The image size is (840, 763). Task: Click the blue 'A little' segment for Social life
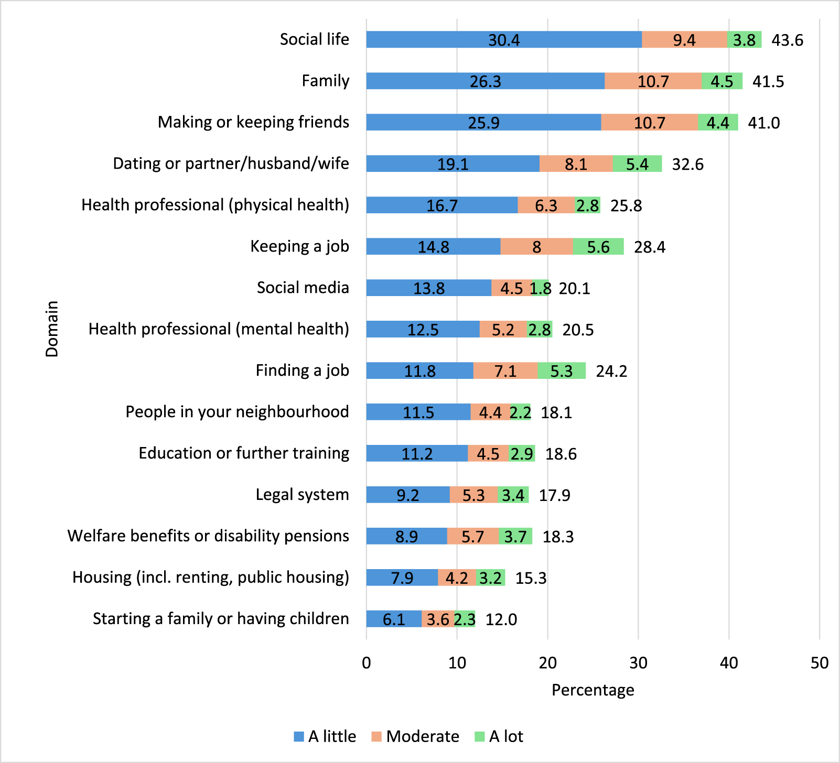point(503,40)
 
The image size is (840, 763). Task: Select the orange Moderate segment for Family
point(653,81)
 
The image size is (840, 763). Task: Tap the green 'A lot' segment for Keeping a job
point(598,247)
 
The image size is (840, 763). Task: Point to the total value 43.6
point(787,40)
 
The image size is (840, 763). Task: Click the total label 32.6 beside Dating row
point(687,165)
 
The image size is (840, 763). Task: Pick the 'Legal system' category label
point(302,495)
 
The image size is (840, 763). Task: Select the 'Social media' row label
point(303,288)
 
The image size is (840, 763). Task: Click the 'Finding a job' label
point(302,370)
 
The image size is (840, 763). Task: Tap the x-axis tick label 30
point(638,663)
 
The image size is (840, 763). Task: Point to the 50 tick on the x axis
point(819,663)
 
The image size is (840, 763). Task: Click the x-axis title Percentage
point(593,690)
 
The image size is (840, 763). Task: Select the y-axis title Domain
point(52,329)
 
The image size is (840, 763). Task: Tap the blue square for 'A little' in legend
point(299,736)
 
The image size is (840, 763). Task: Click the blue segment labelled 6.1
point(393,619)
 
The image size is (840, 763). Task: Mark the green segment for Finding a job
point(562,371)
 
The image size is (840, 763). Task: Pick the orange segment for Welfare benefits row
point(472,537)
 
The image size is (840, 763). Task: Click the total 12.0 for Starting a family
point(501,619)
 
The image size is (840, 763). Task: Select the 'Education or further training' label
point(244,453)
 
